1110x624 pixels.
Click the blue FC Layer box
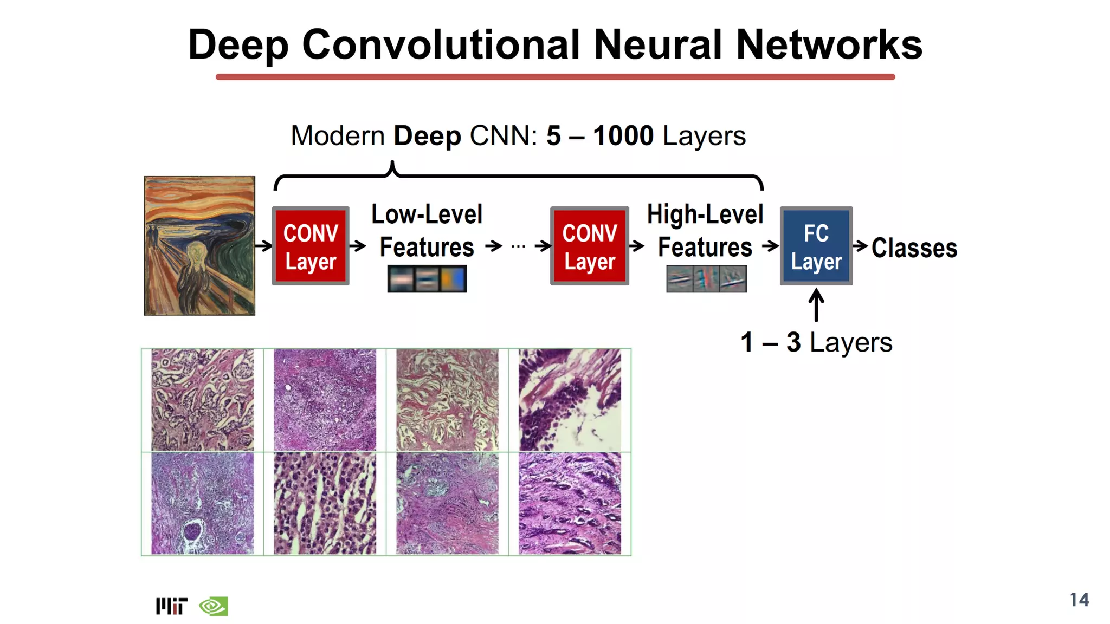(816, 246)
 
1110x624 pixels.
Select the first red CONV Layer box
(311, 246)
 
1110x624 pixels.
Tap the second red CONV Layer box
(589, 246)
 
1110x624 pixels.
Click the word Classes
(914, 248)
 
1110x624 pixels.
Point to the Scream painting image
(199, 245)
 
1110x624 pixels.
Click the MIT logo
(171, 606)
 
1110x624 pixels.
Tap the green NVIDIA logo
(214, 606)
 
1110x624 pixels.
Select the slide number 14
(1079, 600)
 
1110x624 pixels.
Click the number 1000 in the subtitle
(623, 135)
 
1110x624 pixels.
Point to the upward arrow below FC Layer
(816, 305)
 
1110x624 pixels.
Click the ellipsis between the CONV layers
(518, 246)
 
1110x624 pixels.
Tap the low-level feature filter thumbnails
(427, 279)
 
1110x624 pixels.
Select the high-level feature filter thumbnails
(706, 279)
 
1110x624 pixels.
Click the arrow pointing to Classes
(861, 246)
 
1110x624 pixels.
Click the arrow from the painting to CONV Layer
(263, 246)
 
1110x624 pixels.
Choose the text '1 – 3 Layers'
(816, 342)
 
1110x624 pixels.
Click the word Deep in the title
(238, 44)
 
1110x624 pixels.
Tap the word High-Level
(705, 214)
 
